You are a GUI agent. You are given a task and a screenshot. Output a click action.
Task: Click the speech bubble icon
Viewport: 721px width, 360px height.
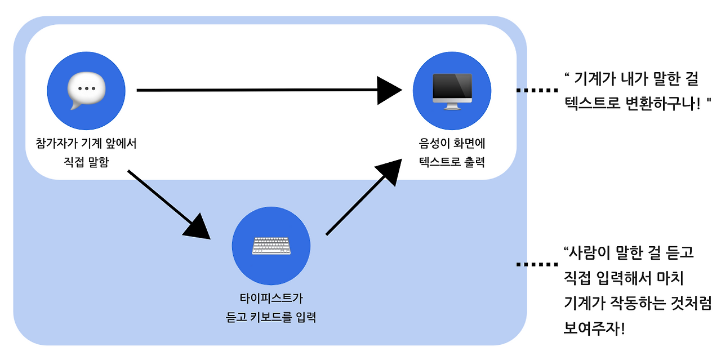[x=86, y=90]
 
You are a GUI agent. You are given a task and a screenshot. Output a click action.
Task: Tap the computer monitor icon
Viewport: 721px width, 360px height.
[x=452, y=91]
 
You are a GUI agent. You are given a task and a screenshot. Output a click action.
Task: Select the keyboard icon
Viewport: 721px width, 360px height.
[x=272, y=246]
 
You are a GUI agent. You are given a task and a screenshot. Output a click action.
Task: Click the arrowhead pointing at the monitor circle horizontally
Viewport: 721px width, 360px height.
[x=389, y=91]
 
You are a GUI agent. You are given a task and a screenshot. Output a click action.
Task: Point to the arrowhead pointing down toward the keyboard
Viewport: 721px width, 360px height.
[x=198, y=229]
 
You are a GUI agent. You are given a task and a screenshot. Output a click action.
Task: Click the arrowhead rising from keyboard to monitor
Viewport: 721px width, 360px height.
[x=391, y=171]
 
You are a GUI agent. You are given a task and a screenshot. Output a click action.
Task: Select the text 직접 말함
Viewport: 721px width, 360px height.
[x=86, y=162]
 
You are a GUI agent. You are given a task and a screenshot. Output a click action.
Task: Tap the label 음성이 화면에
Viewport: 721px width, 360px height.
[x=452, y=143]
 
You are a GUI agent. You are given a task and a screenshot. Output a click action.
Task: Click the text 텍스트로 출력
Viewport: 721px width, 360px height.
[x=452, y=162]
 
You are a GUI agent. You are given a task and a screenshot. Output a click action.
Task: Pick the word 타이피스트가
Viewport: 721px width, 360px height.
[x=272, y=298]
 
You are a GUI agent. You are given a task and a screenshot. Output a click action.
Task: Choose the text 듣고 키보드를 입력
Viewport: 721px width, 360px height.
[x=271, y=317]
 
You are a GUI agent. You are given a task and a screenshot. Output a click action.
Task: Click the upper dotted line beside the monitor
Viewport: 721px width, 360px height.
[x=537, y=91]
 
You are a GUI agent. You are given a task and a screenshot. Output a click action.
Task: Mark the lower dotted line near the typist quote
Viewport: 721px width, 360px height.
[x=537, y=265]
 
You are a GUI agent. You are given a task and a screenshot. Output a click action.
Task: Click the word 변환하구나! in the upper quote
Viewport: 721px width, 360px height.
[x=663, y=104]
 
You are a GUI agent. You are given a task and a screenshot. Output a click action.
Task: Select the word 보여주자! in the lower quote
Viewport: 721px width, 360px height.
[x=594, y=329]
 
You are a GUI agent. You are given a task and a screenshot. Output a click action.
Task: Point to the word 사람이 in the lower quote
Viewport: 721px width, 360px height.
[x=589, y=253]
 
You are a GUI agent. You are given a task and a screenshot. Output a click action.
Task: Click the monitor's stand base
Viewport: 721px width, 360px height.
[x=452, y=108]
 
